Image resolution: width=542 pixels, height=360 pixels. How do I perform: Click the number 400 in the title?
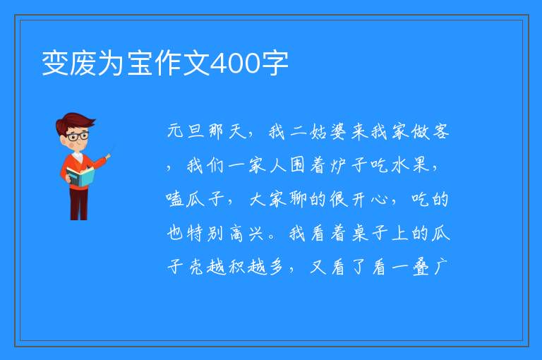tap(235, 64)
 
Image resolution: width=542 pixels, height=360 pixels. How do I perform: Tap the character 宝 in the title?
tap(140, 64)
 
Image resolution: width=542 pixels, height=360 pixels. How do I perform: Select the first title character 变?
tap(55, 64)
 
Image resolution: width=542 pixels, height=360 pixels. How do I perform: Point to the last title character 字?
tap(275, 64)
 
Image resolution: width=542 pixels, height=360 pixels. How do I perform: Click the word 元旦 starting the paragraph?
tap(186, 132)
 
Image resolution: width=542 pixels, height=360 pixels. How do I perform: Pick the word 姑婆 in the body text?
tap(327, 132)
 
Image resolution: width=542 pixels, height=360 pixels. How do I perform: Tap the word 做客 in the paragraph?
tap(430, 132)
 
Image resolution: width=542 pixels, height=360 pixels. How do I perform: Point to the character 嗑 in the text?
tap(174, 200)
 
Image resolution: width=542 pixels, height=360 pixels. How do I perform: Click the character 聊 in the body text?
tap(298, 200)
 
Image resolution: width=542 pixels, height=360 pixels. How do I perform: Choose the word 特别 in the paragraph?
tap(205, 234)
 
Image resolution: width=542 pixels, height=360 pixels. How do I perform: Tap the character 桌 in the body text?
tap(360, 234)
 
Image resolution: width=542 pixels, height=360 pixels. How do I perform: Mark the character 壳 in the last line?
tap(195, 268)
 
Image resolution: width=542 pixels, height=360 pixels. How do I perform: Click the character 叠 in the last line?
tap(421, 268)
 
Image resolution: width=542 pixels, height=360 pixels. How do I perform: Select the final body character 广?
tap(441, 268)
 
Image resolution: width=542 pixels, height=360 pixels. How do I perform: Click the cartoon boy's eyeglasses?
tap(77, 136)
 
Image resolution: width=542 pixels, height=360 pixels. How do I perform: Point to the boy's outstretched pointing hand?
tap(108, 156)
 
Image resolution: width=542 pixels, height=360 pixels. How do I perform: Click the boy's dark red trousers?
tap(78, 203)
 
